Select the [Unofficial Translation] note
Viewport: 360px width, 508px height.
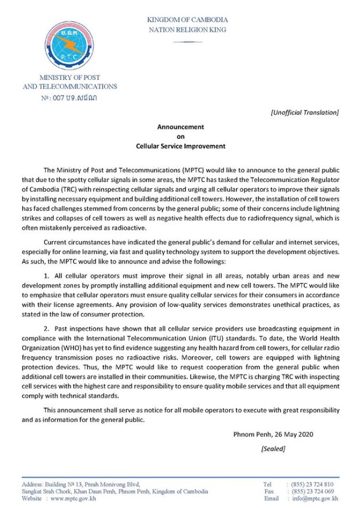point(304,111)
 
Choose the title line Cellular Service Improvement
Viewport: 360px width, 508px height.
point(180,146)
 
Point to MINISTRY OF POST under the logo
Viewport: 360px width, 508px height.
point(69,77)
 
